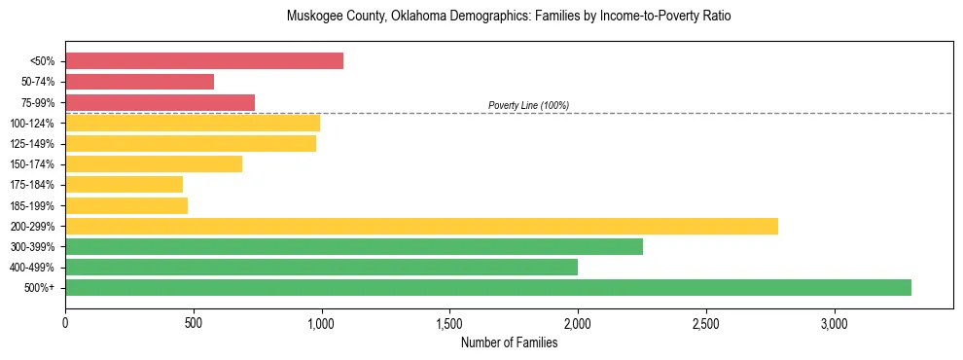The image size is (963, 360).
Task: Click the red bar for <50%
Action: [x=204, y=61]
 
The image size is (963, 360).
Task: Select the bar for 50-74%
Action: [x=139, y=82]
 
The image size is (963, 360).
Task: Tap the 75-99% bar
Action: [x=160, y=102]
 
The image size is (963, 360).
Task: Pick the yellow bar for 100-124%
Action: [x=193, y=123]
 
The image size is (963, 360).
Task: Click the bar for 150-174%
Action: [x=154, y=163]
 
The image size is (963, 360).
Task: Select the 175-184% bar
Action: [x=124, y=184]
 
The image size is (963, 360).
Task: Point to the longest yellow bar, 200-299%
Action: [x=421, y=226]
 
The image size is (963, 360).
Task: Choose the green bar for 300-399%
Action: [x=354, y=246]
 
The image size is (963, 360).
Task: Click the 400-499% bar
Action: [x=321, y=267]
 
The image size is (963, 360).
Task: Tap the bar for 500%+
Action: [x=488, y=287]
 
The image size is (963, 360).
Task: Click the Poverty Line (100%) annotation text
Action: [x=528, y=105]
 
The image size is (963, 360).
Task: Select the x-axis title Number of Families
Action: [x=509, y=342]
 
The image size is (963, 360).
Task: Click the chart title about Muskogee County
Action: [x=508, y=17]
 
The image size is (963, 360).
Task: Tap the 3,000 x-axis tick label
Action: [x=834, y=323]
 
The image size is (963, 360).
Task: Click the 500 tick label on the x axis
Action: [x=194, y=323]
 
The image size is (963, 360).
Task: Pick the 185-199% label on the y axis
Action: [x=32, y=205]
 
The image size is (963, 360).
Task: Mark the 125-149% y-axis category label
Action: [x=32, y=143]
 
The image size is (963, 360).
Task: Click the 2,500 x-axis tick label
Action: [x=705, y=323]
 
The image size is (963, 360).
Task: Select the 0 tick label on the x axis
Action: [x=65, y=323]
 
